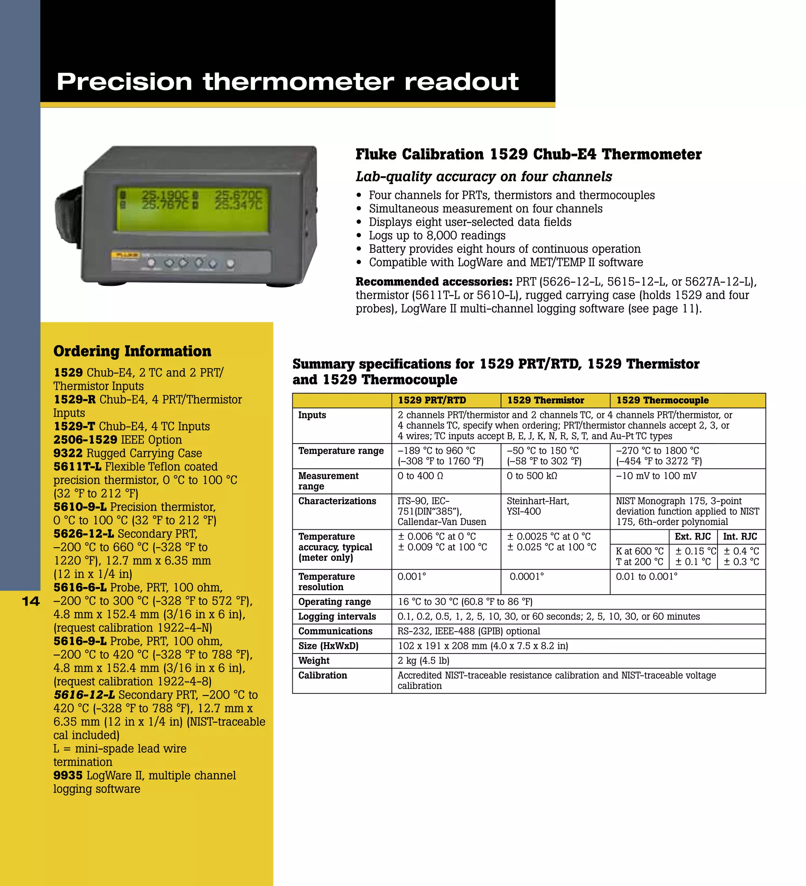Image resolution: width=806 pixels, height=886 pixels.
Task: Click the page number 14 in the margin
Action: point(31,601)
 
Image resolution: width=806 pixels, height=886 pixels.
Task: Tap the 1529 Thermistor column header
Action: point(545,400)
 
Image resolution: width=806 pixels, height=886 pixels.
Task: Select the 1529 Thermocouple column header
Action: point(662,400)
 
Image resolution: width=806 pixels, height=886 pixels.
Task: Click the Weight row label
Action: point(314,661)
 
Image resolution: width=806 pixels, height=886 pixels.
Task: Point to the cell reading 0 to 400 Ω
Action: point(420,476)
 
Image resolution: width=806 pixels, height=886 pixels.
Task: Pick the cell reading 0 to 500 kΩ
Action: point(532,476)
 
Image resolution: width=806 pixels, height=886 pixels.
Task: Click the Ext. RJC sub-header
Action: point(693,537)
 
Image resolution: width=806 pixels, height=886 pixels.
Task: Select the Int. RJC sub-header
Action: point(740,537)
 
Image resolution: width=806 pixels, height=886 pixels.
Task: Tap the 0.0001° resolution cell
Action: point(527,577)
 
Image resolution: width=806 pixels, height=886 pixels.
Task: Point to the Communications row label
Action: point(335,631)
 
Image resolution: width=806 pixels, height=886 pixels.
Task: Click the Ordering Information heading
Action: point(132,351)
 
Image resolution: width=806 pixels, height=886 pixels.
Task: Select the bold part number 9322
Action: point(68,453)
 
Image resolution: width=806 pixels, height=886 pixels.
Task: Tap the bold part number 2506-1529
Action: point(85,440)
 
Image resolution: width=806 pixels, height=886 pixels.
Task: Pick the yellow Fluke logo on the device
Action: point(125,255)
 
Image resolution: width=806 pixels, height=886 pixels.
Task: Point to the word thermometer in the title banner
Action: point(299,82)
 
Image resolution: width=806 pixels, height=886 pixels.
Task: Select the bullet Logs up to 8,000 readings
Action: point(437,236)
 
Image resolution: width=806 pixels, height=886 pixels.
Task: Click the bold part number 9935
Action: point(68,775)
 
